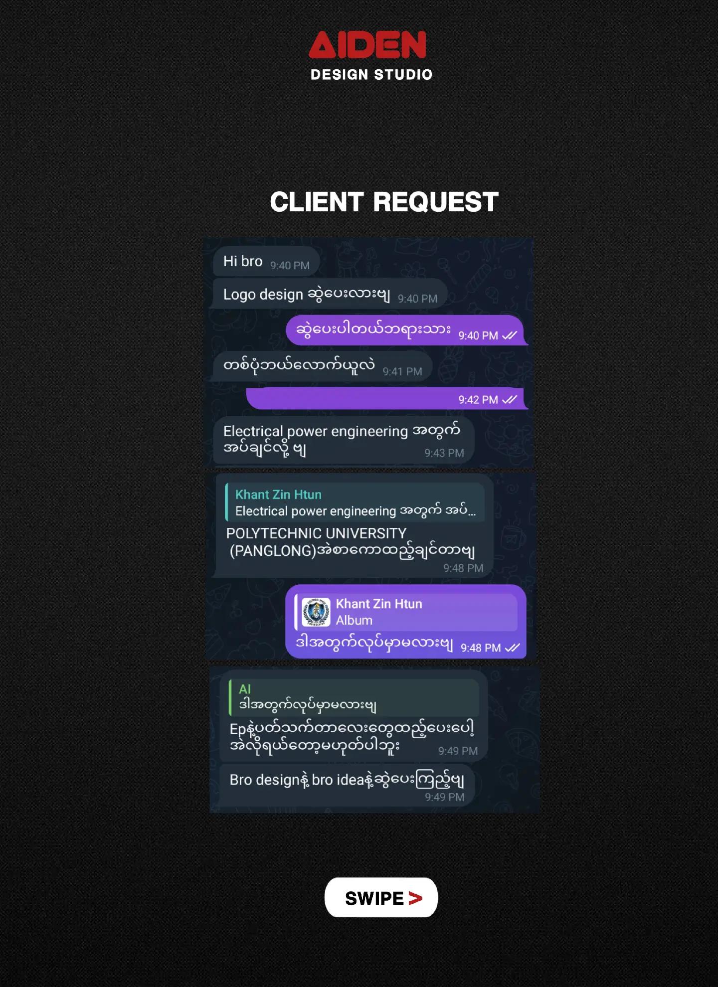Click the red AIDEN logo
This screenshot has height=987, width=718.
coord(367,45)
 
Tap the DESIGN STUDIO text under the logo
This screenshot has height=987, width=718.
coord(371,75)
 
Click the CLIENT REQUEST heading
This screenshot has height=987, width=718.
coord(384,202)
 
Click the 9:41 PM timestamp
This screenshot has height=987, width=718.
coord(402,371)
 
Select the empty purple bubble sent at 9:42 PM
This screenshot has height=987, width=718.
coord(387,398)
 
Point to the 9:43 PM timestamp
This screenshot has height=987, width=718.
coord(444,453)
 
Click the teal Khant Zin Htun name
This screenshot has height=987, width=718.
coord(278,494)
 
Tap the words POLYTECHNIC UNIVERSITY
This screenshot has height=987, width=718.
coord(316,533)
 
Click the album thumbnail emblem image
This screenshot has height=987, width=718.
coord(316,612)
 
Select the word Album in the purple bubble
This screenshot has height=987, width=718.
coord(354,620)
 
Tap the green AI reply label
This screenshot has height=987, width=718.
coord(245,689)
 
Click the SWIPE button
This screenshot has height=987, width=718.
coord(381,898)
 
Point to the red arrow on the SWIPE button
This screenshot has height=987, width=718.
coord(415,898)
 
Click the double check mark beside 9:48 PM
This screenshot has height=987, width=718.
coord(512,648)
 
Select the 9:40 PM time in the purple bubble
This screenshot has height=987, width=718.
coord(478,335)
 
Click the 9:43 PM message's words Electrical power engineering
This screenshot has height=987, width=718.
coord(316,431)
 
